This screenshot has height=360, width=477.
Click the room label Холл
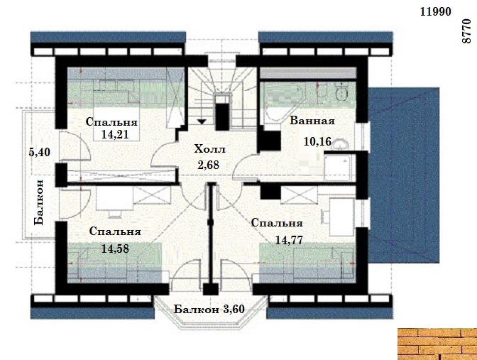(x=210, y=149)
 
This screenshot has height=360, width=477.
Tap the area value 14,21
(x=115, y=134)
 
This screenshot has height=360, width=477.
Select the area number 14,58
(x=115, y=249)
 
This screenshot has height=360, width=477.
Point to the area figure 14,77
(x=289, y=241)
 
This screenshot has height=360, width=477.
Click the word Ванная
(x=312, y=121)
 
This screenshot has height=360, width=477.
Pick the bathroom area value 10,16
(x=317, y=141)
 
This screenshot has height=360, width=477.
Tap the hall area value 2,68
(x=209, y=165)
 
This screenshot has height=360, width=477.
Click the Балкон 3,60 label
(x=209, y=310)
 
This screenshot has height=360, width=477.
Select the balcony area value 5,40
(x=39, y=152)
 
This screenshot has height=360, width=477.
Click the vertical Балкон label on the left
(x=39, y=202)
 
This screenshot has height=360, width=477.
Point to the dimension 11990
(x=435, y=11)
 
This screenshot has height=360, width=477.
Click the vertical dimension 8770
(x=466, y=31)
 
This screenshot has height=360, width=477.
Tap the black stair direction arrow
(x=202, y=121)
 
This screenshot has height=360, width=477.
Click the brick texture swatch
(x=437, y=344)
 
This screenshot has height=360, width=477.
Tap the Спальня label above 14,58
(x=115, y=231)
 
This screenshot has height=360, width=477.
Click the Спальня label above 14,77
(x=277, y=223)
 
